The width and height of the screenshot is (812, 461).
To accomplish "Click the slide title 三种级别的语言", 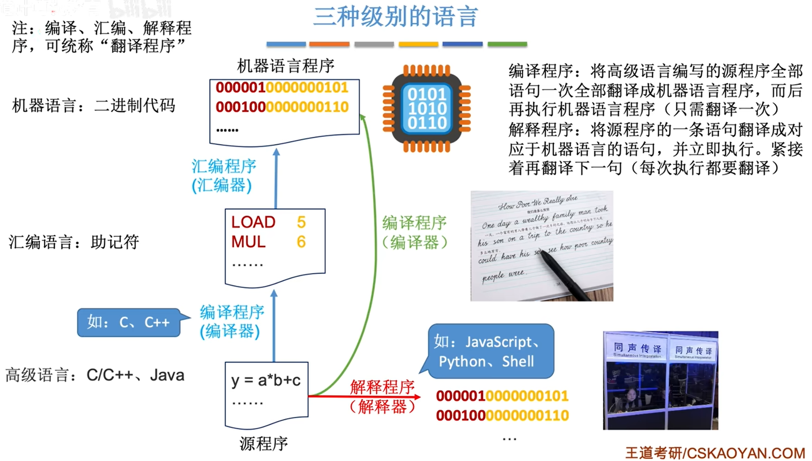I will [x=396, y=16].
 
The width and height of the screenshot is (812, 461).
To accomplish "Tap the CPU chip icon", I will [x=427, y=108].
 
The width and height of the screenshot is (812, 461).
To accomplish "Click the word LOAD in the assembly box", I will [x=253, y=222].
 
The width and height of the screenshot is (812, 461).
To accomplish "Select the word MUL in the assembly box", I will [x=248, y=242].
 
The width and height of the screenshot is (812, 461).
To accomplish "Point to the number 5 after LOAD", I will [x=301, y=222].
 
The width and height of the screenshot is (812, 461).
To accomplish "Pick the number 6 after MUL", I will [x=301, y=242].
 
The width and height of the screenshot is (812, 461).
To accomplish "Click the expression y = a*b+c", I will [x=265, y=381].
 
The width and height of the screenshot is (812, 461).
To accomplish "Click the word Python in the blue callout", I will [x=462, y=362].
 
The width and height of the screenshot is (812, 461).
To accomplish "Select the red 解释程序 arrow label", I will [x=382, y=387].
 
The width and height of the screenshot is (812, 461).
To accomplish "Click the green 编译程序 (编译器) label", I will [x=414, y=233].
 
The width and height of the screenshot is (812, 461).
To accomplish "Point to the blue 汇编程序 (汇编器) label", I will [x=223, y=176].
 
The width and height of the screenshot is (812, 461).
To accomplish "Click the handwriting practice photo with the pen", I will [x=541, y=246].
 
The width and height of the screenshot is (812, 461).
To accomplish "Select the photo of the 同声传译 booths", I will [x=660, y=380].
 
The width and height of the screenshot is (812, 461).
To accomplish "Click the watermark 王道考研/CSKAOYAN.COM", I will [x=715, y=453].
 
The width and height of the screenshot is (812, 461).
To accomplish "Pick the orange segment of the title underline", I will [x=329, y=44].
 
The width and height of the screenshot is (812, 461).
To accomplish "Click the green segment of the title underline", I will [x=507, y=44].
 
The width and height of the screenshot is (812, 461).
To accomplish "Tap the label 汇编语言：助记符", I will [x=74, y=242].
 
